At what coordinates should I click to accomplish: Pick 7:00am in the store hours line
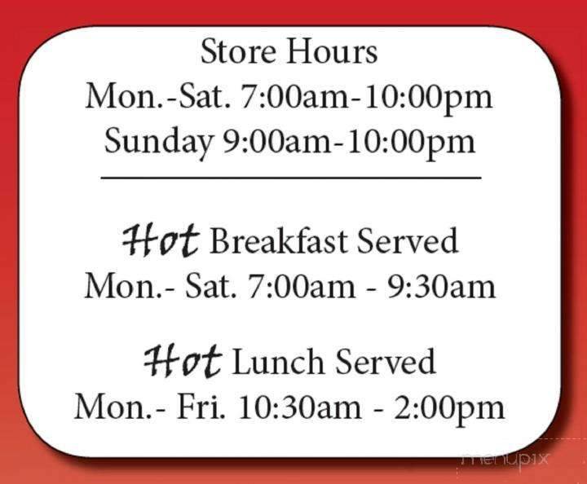[x=290, y=97]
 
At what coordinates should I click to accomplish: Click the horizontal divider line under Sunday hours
[x=291, y=177]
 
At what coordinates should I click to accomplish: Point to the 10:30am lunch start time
[x=294, y=407]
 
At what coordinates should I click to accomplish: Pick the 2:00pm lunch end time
[x=451, y=407]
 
